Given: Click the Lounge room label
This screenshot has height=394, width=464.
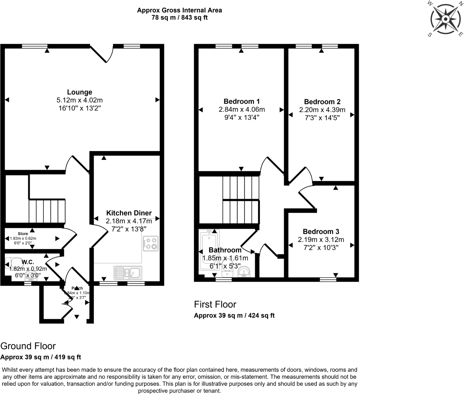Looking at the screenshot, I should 79,92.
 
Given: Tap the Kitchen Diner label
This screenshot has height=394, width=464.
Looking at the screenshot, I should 129,213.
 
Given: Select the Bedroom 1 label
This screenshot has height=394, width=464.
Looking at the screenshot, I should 242,102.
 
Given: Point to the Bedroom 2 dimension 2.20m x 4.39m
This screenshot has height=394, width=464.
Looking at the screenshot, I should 322,110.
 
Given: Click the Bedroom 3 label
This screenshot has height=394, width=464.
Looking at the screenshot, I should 321,232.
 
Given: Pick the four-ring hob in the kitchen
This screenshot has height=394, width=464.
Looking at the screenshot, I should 151,243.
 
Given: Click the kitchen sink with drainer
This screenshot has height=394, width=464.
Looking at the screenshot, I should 128,273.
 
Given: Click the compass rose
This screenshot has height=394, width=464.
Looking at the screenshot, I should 445,19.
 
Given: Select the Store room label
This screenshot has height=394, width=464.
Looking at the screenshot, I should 23,234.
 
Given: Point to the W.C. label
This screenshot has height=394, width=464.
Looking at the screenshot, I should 28,262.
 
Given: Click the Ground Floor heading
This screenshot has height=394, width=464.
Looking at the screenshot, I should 28,346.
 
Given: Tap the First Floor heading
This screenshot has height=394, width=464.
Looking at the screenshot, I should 215,305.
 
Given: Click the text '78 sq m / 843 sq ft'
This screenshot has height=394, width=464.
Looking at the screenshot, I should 179,18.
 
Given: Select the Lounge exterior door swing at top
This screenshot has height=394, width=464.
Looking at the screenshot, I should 102,54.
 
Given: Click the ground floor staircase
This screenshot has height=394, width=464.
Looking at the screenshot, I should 47,211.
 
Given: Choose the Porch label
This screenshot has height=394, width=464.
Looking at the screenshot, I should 77,288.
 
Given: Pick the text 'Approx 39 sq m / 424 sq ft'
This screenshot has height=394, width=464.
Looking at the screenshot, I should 234,315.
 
